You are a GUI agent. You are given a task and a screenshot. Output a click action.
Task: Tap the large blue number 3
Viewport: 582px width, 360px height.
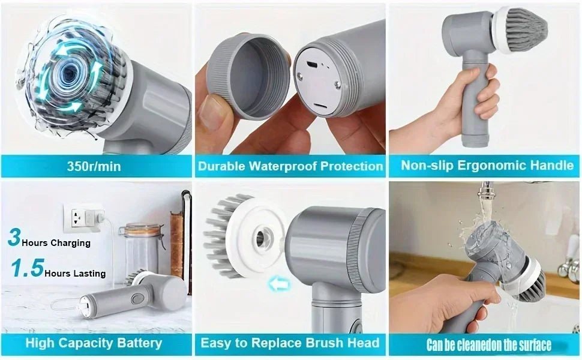point(13,237)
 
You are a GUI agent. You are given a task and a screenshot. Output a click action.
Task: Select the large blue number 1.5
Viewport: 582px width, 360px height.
point(27,268)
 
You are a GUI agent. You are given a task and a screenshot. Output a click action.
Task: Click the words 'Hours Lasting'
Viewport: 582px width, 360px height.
point(75,273)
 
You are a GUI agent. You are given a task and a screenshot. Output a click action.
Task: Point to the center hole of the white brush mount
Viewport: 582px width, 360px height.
point(261,237)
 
